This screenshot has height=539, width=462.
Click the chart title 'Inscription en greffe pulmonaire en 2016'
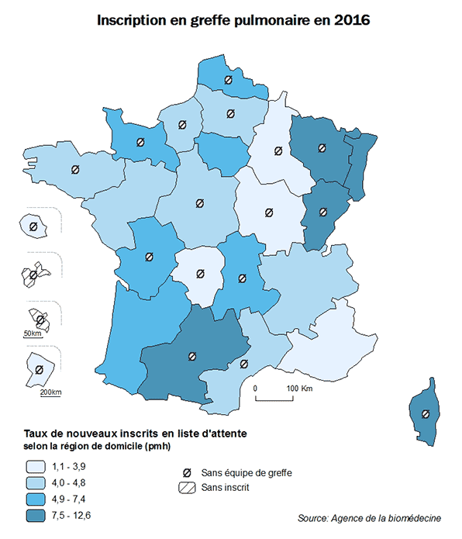point(233,21)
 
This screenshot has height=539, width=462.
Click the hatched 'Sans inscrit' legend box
point(186,488)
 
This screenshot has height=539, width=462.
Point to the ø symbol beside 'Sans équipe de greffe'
point(186,472)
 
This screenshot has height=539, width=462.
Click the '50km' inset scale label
point(32,333)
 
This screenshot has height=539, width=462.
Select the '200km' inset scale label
point(50,392)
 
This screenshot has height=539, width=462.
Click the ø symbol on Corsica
point(425,414)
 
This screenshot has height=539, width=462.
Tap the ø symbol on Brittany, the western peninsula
point(75,170)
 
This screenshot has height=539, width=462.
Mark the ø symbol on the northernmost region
point(228,80)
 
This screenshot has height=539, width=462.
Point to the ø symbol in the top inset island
point(33,226)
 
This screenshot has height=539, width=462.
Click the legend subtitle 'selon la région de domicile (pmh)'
point(97,447)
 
